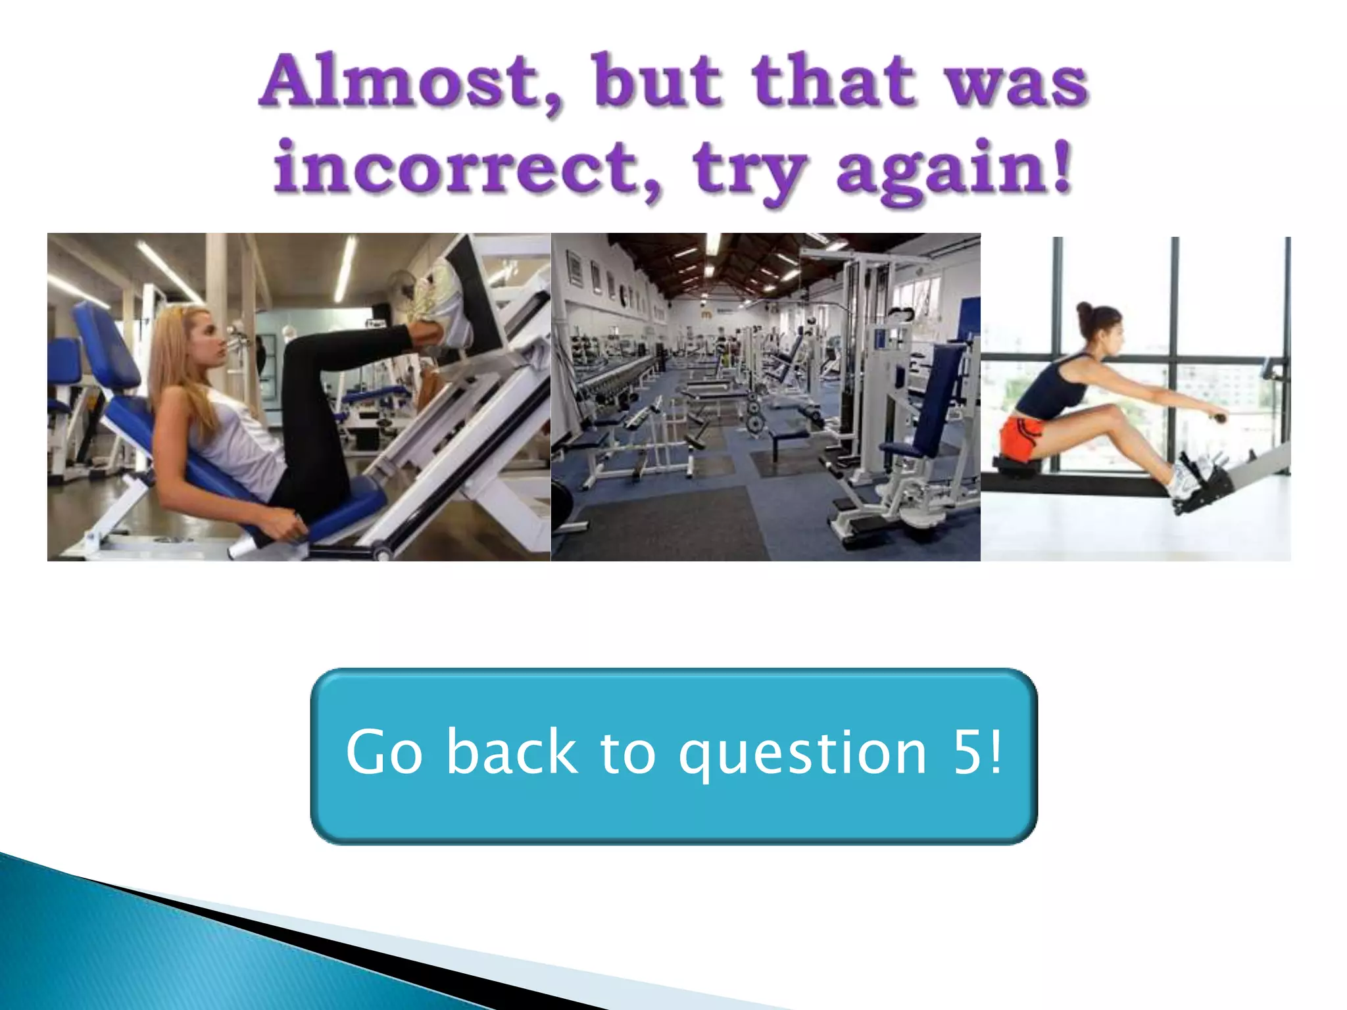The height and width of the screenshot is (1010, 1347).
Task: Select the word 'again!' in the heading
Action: [x=954, y=170]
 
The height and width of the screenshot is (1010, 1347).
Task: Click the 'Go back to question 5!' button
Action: [x=673, y=756]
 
